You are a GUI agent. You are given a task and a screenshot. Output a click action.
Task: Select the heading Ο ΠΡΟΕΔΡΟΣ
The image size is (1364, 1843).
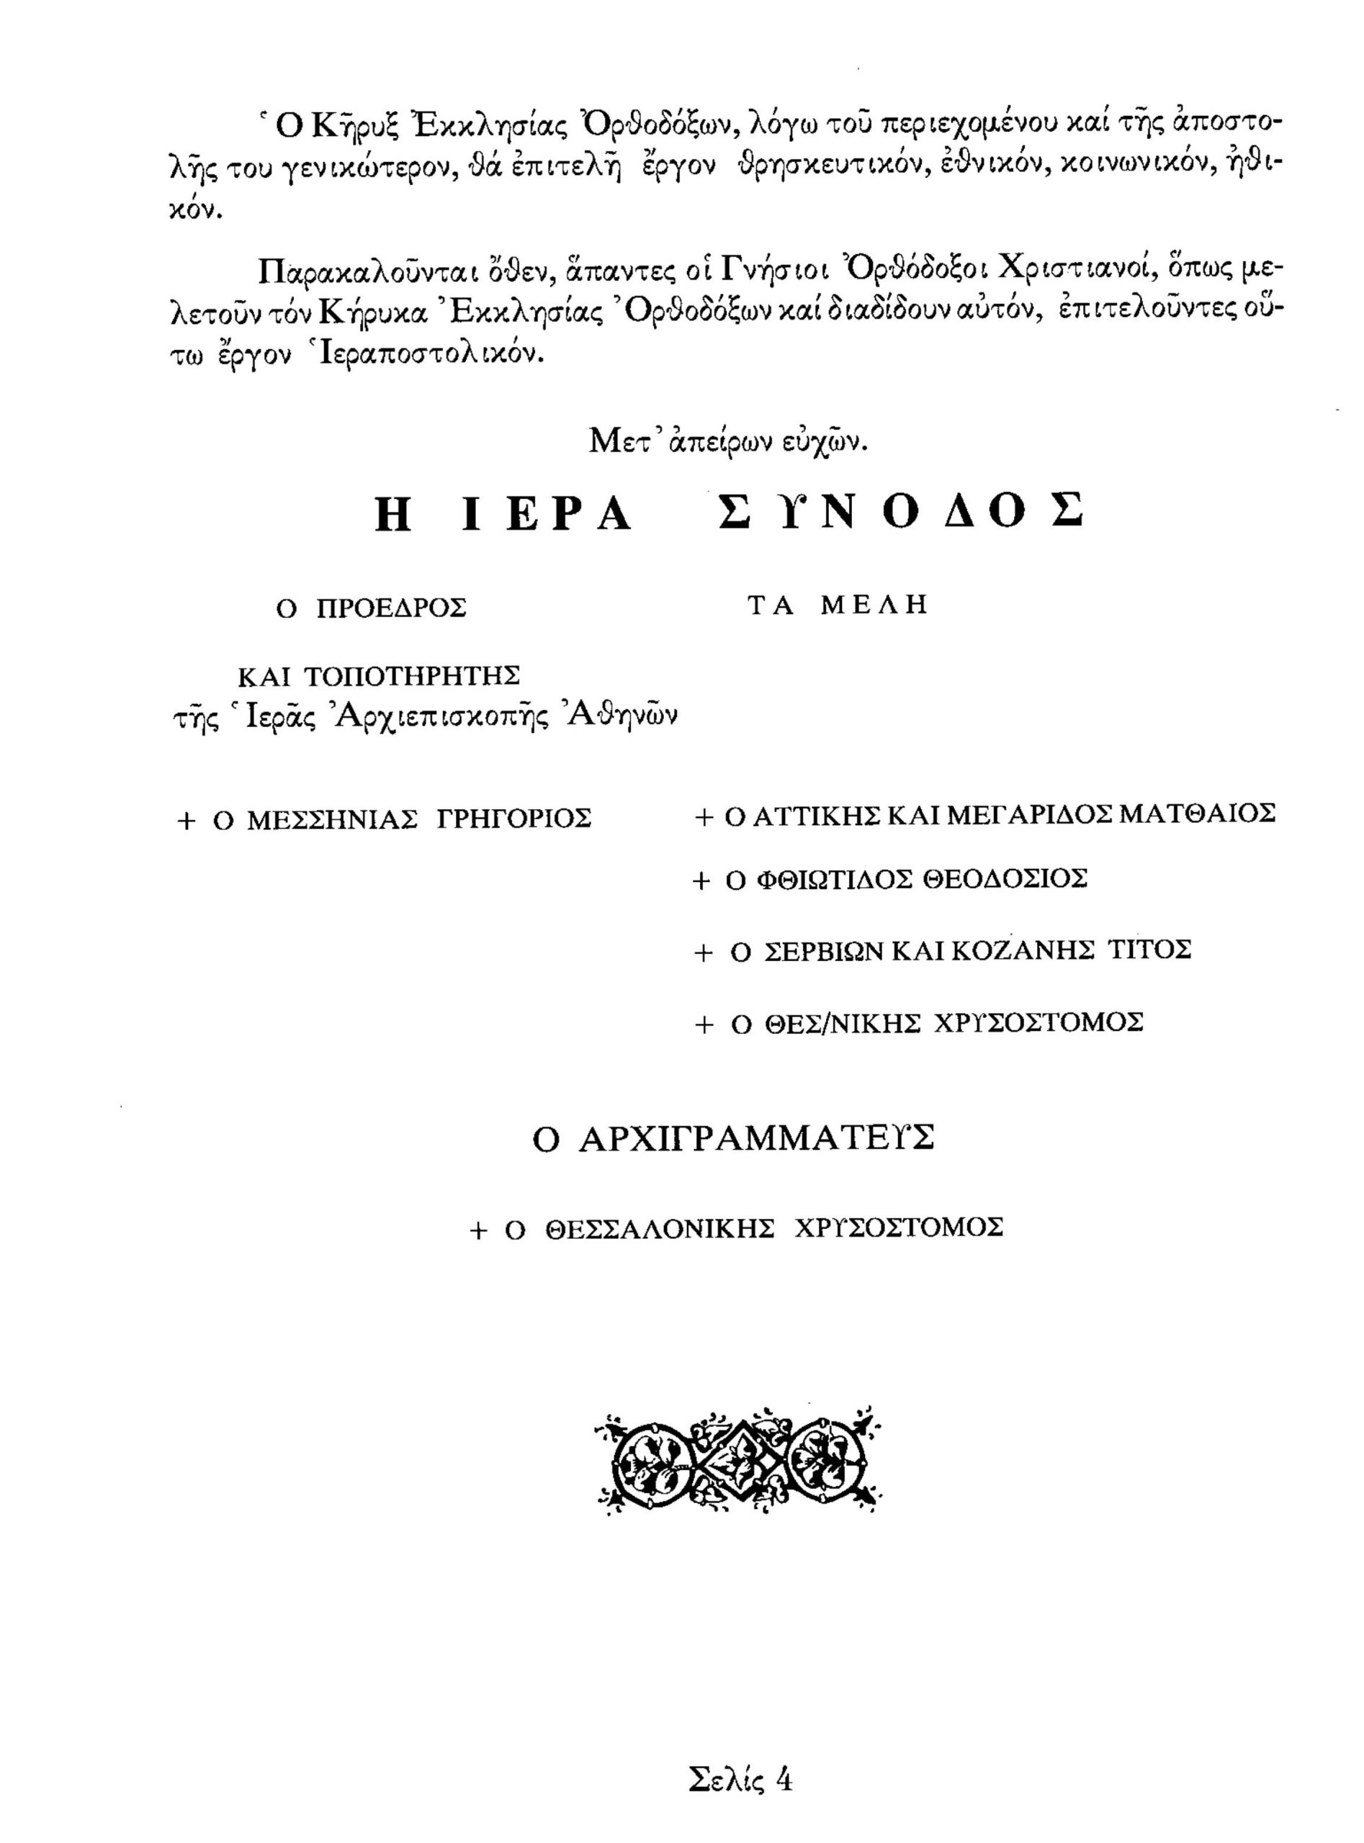pos(371,608)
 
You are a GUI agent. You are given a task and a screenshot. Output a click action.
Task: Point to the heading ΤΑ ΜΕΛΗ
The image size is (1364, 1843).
pos(838,605)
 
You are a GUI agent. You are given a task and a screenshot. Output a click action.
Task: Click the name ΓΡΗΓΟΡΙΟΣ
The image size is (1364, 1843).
pos(513,821)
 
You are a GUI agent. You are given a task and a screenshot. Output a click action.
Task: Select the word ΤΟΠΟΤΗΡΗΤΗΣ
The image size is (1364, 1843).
pos(412,676)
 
